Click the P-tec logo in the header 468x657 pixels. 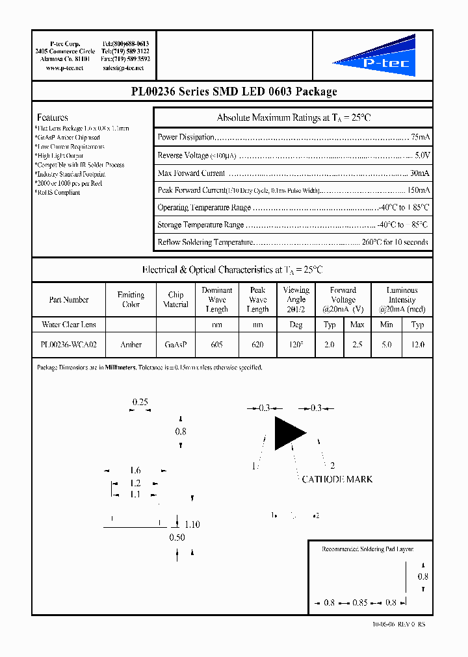(374, 57)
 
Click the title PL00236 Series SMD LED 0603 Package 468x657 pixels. (234, 92)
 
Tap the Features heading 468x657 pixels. (52, 118)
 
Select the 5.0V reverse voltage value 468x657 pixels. (422, 155)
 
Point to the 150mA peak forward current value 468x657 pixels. (419, 190)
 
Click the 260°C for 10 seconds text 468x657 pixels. (395, 242)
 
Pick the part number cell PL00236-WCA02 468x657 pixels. (69, 345)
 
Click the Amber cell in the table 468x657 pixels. (131, 345)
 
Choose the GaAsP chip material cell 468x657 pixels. (175, 345)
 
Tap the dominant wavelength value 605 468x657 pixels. (216, 345)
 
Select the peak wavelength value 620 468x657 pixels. (257, 345)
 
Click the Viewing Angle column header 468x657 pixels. (296, 299)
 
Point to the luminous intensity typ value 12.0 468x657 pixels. (418, 345)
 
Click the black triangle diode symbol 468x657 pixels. (288, 433)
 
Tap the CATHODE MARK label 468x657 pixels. (337, 479)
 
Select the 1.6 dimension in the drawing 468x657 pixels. (135, 470)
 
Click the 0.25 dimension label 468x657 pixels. (140, 402)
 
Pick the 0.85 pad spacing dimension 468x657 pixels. (359, 602)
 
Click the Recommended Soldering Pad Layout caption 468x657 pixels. (367, 549)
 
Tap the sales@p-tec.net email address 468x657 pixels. (125, 68)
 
